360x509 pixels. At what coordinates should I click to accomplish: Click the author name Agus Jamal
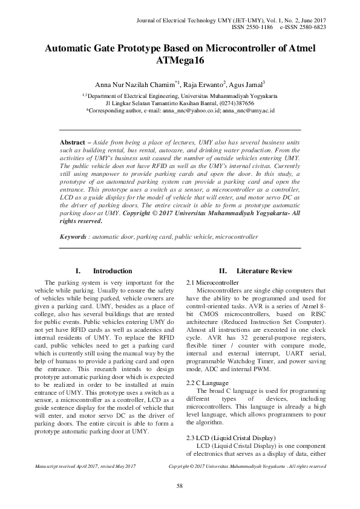click(x=246, y=85)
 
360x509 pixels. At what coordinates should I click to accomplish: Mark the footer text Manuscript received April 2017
click(x=67, y=467)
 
